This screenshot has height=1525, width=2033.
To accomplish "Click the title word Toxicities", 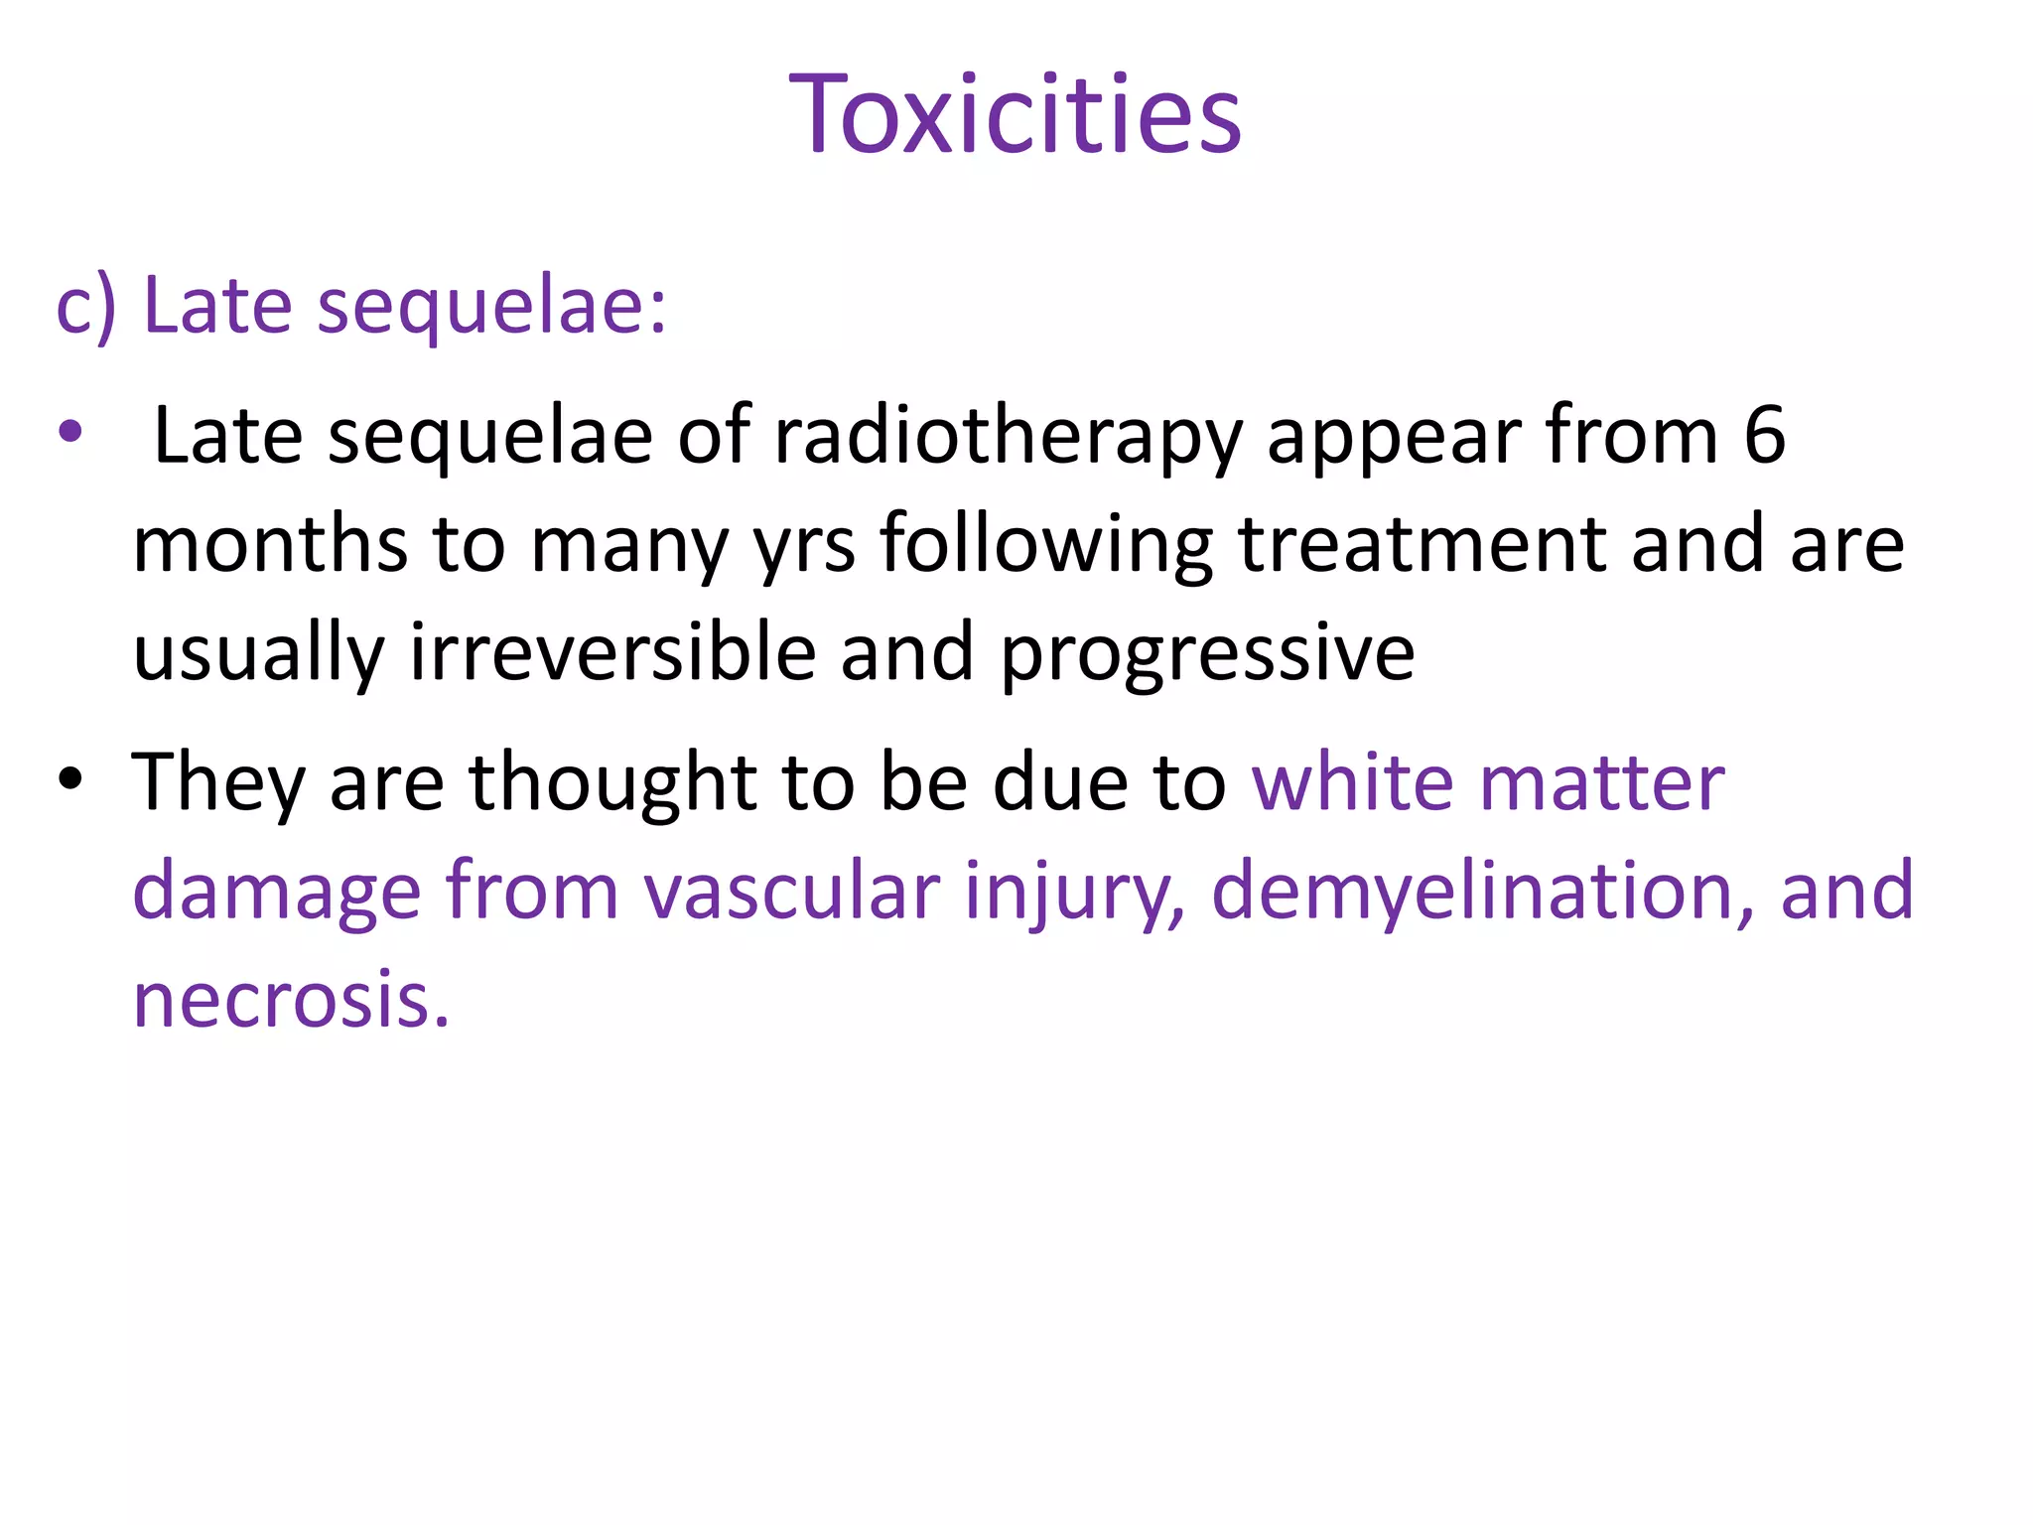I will (1015, 115).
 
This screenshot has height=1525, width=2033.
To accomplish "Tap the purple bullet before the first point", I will (69, 433).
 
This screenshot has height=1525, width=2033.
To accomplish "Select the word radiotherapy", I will (1008, 437).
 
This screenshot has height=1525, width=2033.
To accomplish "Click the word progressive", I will (1207, 655).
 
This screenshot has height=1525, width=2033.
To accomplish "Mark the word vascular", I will (791, 891).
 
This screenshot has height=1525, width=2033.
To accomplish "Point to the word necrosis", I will (291, 999).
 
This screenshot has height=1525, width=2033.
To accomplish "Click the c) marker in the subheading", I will (86, 308).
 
